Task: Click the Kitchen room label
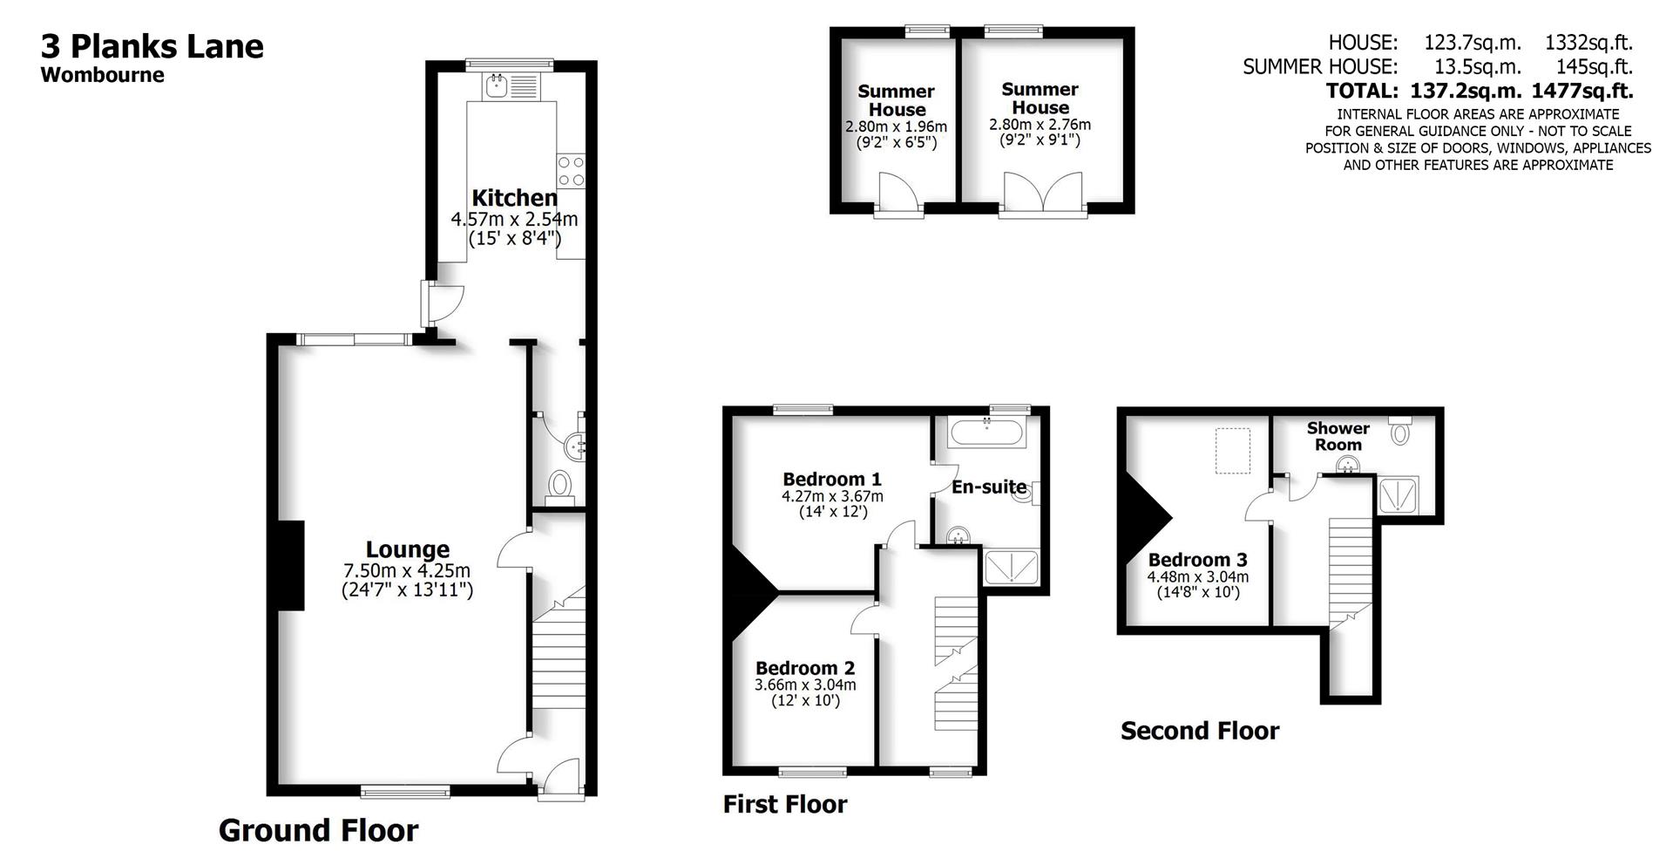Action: pos(514,198)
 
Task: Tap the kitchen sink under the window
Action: pos(498,85)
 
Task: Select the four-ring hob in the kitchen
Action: pos(572,171)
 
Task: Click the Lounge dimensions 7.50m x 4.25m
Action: pos(407,571)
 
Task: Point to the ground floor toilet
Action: pos(559,485)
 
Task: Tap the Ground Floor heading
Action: pos(318,830)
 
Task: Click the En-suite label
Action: pos(988,487)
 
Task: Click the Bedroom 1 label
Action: pos(831,479)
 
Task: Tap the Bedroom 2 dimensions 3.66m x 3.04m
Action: pos(804,685)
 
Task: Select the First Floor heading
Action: pos(784,804)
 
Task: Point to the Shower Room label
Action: pos(1338,436)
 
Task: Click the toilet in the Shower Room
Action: pos(1399,430)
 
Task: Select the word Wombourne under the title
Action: pos(102,75)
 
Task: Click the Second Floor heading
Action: pos(1199,731)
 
